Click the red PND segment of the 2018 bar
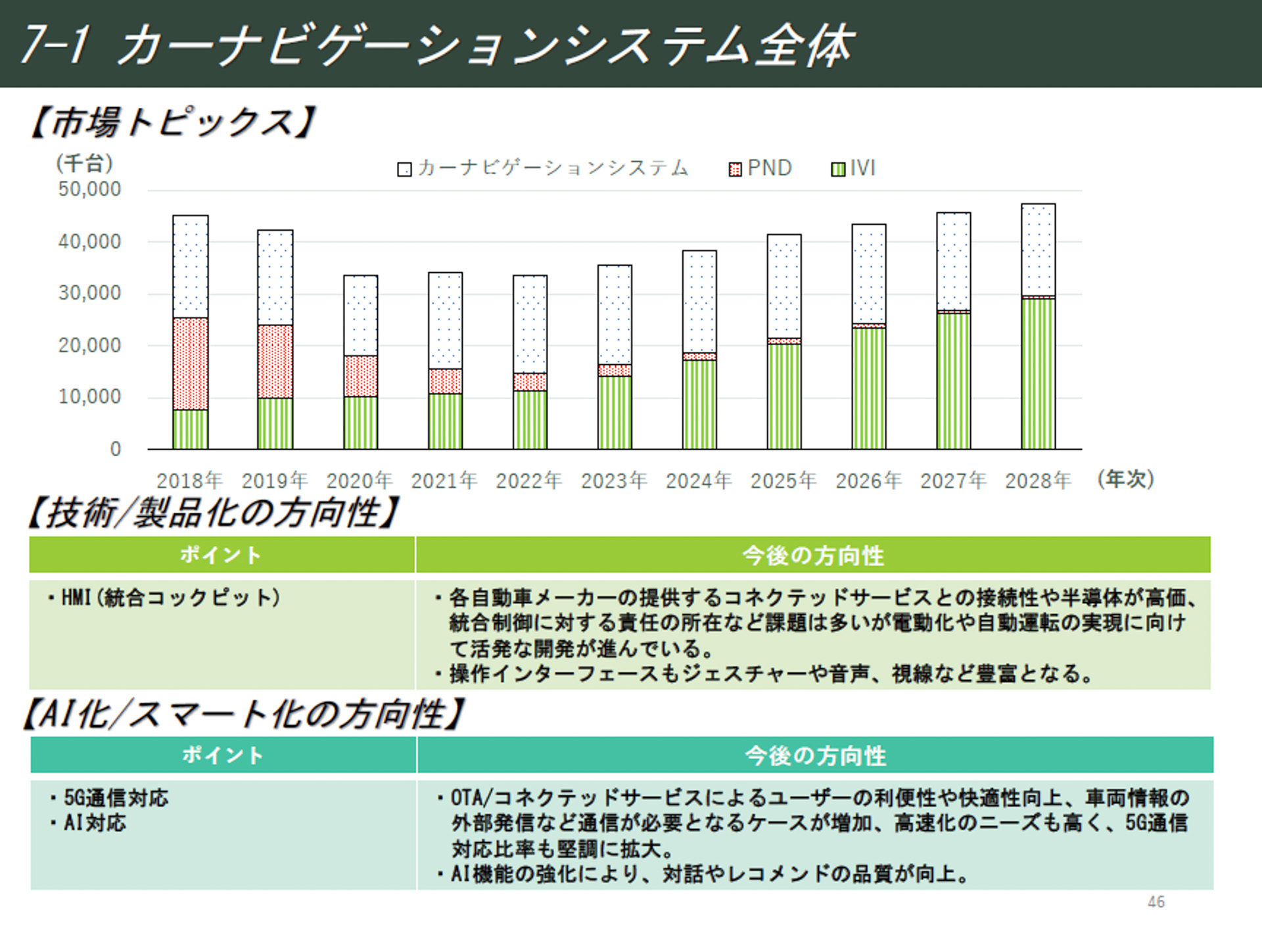point(191,364)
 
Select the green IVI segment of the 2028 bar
point(1038,373)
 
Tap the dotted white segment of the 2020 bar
point(360,316)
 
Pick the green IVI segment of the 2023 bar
point(615,412)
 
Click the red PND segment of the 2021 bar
point(445,381)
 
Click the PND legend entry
point(760,168)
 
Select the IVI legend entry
point(853,168)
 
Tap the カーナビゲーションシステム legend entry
point(543,168)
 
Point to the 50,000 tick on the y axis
point(89,189)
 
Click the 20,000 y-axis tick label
point(89,345)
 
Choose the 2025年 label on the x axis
point(783,481)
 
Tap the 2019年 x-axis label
point(274,481)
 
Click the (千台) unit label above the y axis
point(84,162)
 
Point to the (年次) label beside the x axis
point(1125,479)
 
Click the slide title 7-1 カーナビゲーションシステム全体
point(437,45)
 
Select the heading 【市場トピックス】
point(172,122)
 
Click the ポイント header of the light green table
point(222,555)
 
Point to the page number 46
point(1156,902)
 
